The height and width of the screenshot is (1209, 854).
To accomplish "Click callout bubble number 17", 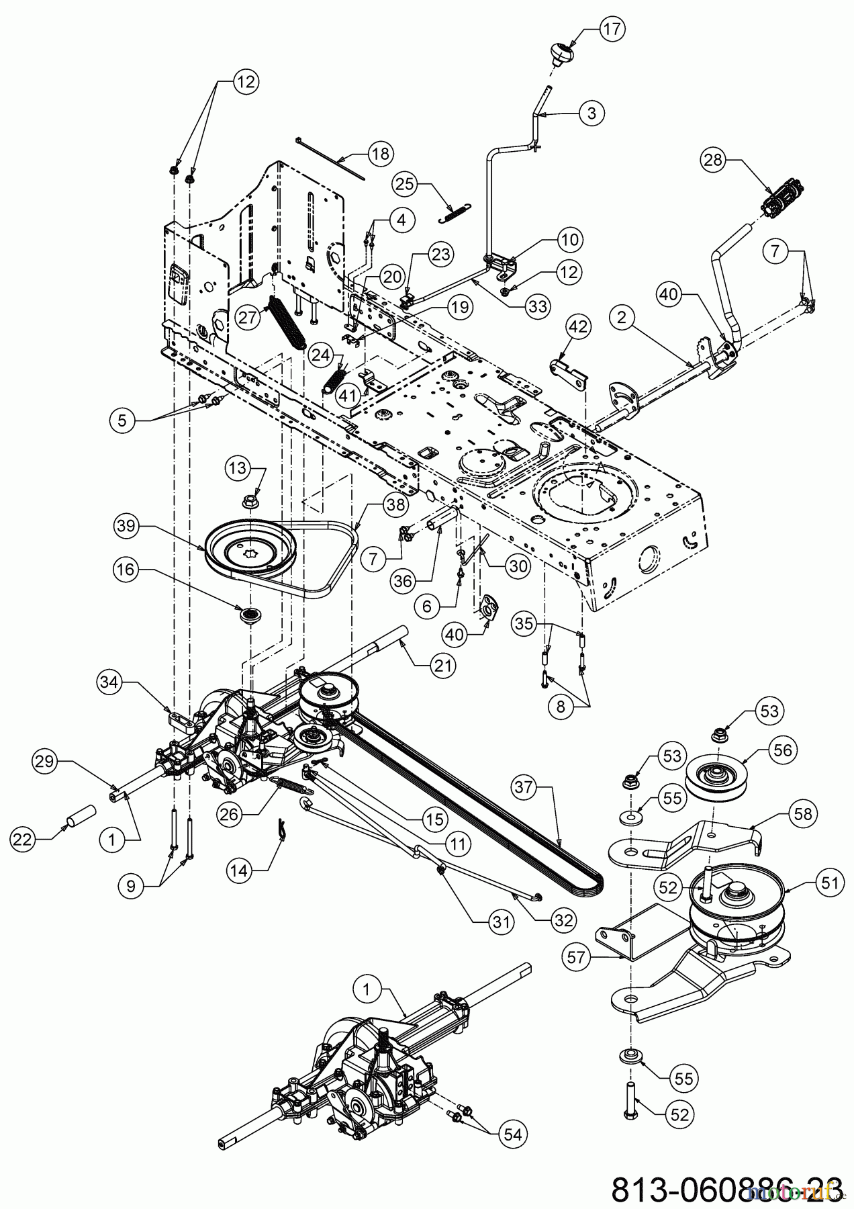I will [x=611, y=29].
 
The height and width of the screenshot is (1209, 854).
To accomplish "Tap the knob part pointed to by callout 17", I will [x=558, y=51].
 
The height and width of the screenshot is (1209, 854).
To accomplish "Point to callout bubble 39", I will [x=128, y=527].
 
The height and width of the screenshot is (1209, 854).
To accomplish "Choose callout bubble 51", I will [x=830, y=883].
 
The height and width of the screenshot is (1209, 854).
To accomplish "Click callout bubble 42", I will [x=577, y=327].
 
